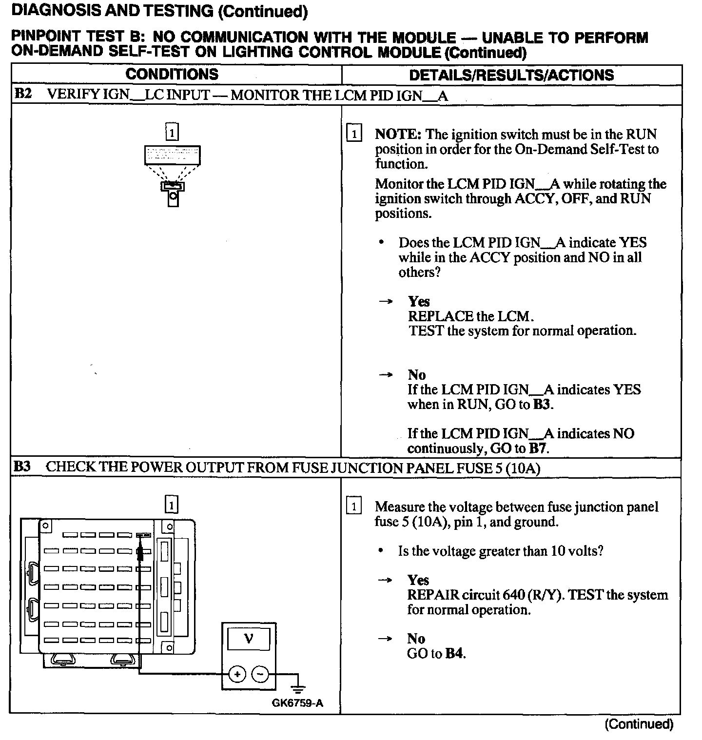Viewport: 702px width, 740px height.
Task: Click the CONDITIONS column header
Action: click(172, 75)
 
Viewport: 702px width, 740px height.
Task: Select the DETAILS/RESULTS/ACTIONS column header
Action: click(511, 75)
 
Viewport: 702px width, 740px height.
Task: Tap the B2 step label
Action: click(23, 94)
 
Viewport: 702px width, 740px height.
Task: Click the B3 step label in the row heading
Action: click(22, 467)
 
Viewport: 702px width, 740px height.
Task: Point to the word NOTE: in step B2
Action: click(397, 135)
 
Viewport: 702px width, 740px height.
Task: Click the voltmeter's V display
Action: click(249, 638)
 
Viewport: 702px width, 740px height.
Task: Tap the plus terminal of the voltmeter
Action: click(237, 674)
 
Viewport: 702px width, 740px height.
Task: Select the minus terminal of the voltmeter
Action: click(260, 674)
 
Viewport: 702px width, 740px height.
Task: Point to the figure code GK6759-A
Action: click(297, 703)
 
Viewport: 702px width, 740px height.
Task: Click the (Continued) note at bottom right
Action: click(639, 724)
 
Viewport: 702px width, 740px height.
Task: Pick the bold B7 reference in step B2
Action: click(538, 448)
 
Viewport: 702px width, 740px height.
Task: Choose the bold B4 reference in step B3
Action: click(454, 654)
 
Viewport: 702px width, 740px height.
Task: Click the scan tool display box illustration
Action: click(173, 155)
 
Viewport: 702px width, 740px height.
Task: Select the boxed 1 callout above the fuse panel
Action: click(172, 505)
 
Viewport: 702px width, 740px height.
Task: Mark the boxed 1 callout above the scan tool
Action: click(172, 132)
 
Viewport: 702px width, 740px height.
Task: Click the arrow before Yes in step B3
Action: click(386, 580)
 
